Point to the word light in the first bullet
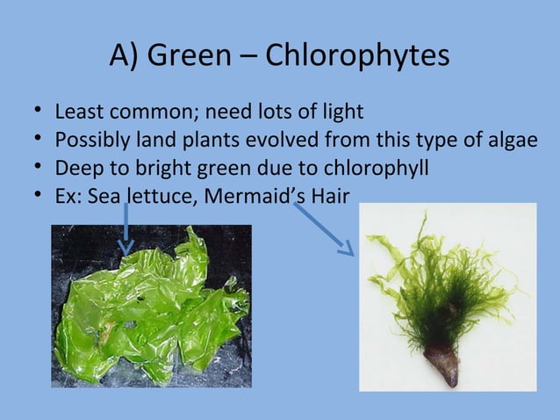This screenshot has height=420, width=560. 342,112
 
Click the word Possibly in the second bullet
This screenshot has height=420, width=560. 89,140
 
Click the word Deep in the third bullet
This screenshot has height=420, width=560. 75,167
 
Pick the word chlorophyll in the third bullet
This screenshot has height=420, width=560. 375,167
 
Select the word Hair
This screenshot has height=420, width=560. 326,194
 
